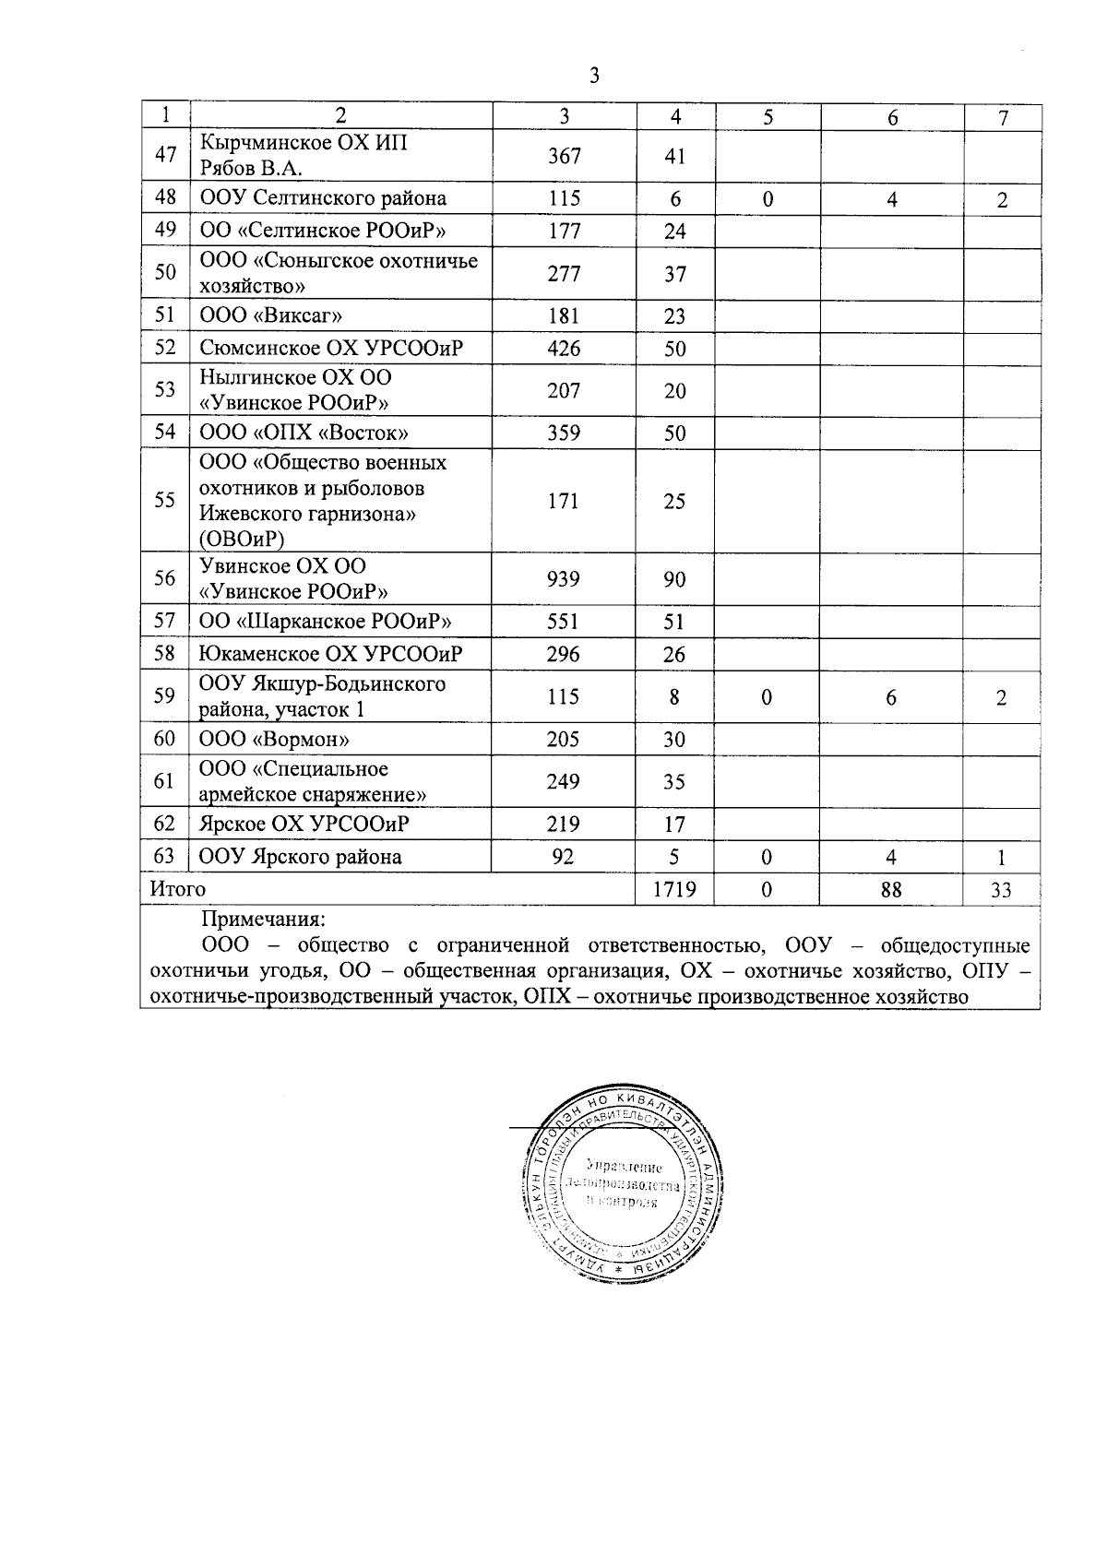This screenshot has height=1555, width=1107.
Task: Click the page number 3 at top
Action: coord(594,76)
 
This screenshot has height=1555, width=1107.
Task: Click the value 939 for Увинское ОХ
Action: coord(564,578)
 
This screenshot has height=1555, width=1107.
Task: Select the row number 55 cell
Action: coord(165,500)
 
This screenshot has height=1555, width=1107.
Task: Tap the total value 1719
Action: coord(674,889)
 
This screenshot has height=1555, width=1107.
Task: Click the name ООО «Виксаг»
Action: coord(272,315)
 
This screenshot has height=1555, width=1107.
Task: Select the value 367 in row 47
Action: coord(564,156)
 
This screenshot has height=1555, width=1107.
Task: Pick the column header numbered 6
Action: coord(892,116)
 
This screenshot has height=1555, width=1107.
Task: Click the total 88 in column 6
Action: coord(891,889)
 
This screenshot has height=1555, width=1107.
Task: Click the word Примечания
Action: coord(263,920)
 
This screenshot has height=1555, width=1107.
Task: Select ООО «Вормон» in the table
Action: coord(275,739)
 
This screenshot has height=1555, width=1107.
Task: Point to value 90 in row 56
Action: coord(674,578)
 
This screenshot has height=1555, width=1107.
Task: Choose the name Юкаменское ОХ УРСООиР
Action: coord(331,654)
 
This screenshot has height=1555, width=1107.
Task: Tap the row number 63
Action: coord(164,856)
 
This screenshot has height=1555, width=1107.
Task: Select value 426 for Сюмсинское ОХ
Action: coord(564,348)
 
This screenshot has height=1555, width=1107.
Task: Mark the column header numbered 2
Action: coord(340,116)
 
